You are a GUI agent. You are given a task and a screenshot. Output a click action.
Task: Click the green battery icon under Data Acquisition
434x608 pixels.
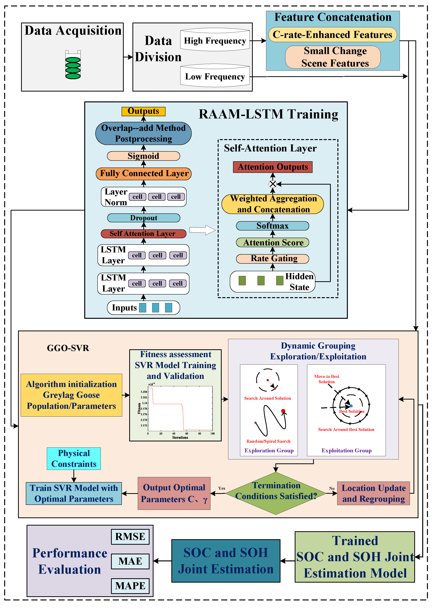click(73, 65)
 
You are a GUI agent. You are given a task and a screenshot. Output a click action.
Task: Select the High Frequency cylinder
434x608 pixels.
click(215, 39)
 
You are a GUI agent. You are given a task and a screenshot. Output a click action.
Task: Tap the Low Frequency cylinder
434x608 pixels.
click(215, 76)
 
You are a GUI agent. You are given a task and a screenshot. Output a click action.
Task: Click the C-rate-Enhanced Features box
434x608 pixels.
click(332, 35)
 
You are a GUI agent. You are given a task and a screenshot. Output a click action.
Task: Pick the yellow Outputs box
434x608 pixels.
click(143, 111)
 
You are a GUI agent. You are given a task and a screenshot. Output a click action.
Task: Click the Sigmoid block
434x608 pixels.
click(143, 156)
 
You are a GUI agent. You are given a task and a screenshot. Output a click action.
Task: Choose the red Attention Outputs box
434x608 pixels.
click(273, 167)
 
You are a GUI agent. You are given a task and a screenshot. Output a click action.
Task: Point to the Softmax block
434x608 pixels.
click(273, 226)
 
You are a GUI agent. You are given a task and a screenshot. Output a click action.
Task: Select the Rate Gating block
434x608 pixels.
click(273, 259)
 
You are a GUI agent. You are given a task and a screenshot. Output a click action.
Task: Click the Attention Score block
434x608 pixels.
click(273, 242)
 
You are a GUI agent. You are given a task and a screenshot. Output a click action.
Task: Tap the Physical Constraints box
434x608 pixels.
click(74, 458)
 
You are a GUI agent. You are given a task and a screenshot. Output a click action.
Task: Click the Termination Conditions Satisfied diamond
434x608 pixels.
click(276, 493)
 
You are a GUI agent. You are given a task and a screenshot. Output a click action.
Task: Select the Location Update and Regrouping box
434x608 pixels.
click(374, 493)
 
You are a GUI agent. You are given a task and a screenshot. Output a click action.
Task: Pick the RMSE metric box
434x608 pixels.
click(130, 537)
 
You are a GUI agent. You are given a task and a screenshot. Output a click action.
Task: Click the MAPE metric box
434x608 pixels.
click(130, 586)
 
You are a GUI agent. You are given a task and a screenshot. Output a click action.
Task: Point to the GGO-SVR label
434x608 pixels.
click(68, 348)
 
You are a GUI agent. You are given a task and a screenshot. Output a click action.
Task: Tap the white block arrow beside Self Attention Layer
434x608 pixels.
click(202, 230)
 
